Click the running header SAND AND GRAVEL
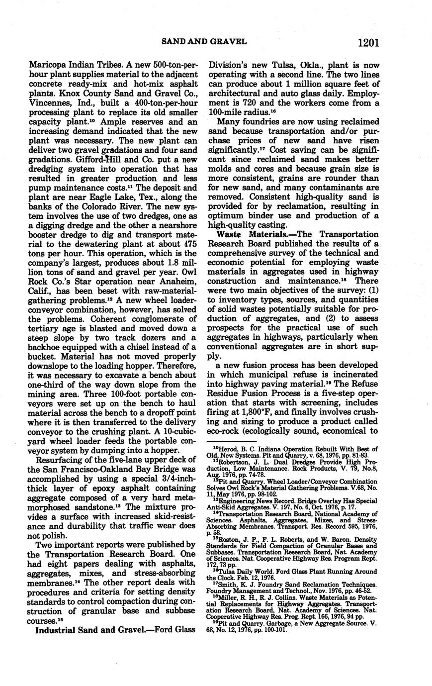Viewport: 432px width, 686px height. point(204,42)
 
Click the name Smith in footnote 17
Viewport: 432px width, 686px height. point(222,583)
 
